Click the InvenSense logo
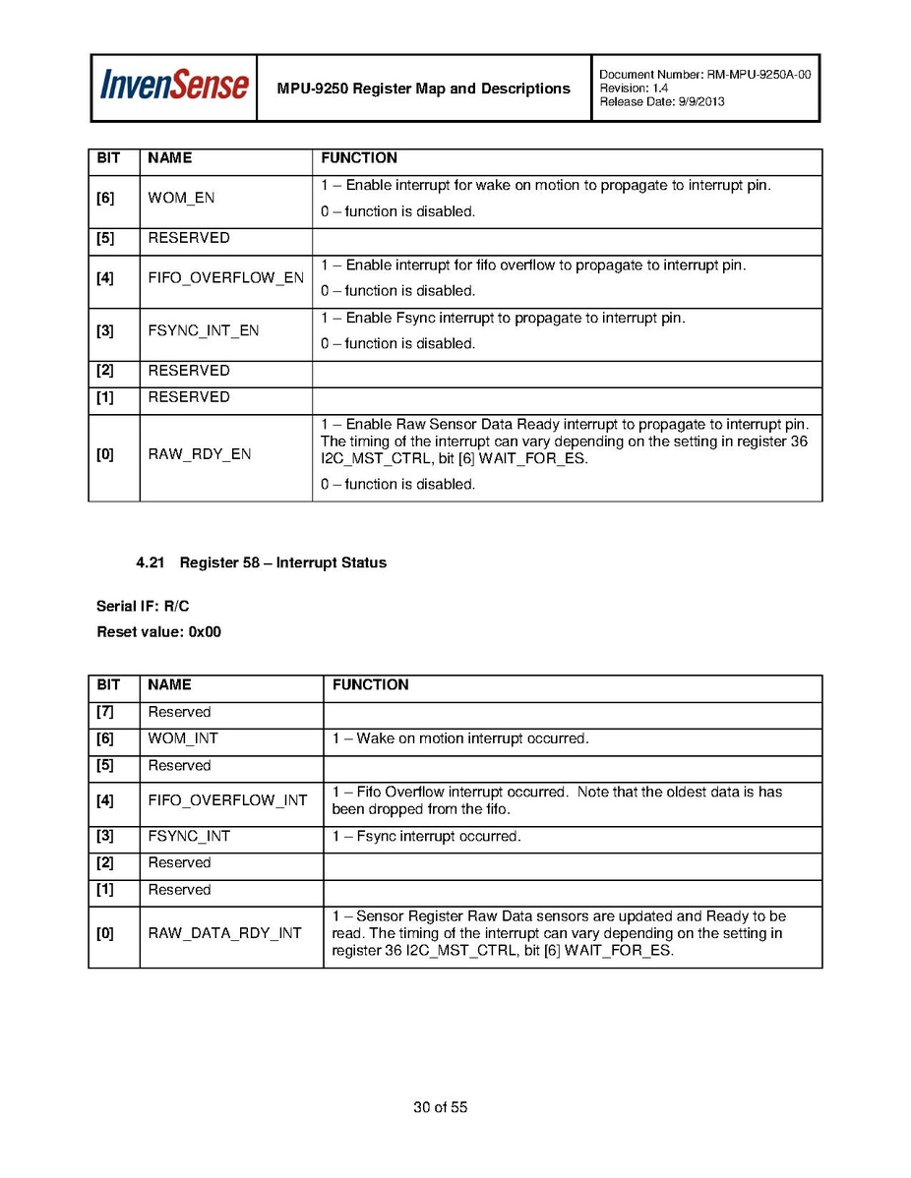(174, 87)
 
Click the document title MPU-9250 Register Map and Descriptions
(423, 88)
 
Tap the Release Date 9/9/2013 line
(661, 102)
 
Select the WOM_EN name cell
(181, 198)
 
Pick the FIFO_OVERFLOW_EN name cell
(225, 278)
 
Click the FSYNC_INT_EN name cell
(203, 330)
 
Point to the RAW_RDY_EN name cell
(199, 454)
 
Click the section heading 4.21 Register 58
(261, 563)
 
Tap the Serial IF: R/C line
(143, 607)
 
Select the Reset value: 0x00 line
(158, 632)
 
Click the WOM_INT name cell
(183, 738)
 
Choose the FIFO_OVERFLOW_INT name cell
(227, 800)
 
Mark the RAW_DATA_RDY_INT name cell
(224, 933)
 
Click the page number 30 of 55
(440, 1108)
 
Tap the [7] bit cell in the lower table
(105, 712)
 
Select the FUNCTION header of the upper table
(359, 158)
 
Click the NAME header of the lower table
(169, 685)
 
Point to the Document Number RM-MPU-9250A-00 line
(704, 75)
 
